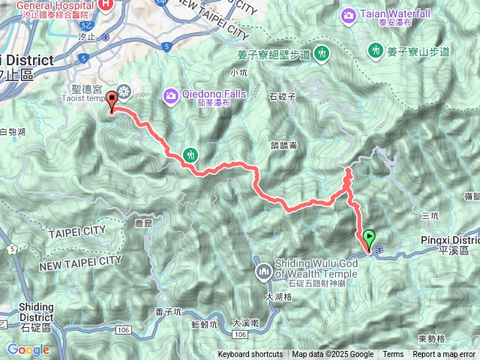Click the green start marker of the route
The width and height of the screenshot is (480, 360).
pyautogui.click(x=369, y=240)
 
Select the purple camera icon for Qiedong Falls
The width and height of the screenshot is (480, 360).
pyautogui.click(x=172, y=95)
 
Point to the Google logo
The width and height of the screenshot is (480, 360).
pyautogui.click(x=28, y=349)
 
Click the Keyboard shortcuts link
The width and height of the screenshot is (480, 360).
pyautogui.click(x=250, y=355)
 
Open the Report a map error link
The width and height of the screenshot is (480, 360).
pyautogui.click(x=444, y=355)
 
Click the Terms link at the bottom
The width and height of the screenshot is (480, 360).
pyautogui.click(x=393, y=355)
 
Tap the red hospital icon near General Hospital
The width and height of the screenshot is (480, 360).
pyautogui.click(x=107, y=4)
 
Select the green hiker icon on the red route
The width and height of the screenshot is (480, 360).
pyautogui.click(x=190, y=154)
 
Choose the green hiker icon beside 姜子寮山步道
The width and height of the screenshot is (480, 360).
pyautogui.click(x=375, y=50)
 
